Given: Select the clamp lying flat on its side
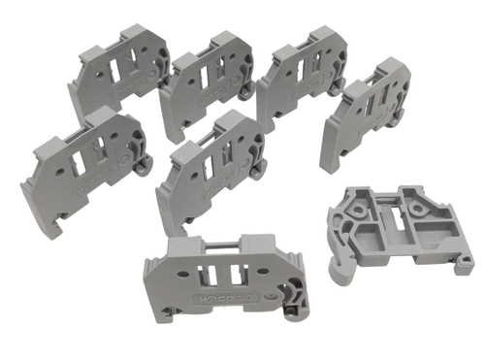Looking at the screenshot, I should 398,234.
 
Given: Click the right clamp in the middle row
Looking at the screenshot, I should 209,170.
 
